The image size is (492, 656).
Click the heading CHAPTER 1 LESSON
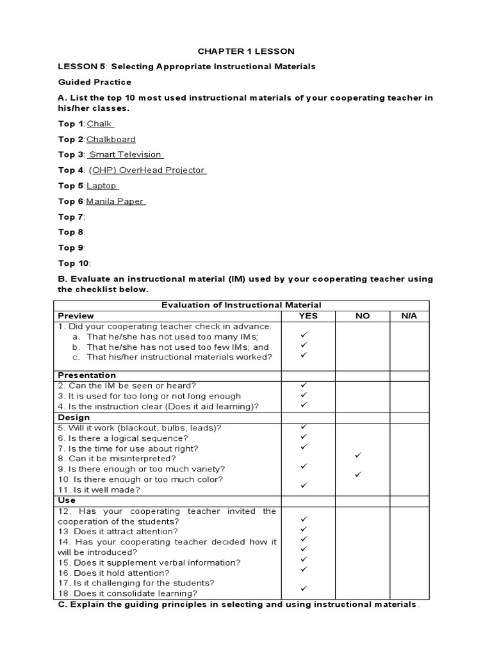[246, 51]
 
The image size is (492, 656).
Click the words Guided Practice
[95, 82]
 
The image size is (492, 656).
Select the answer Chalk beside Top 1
[100, 124]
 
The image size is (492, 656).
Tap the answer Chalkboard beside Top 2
[111, 139]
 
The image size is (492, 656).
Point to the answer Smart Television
[126, 154]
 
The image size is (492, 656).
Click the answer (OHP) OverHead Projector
[147, 170]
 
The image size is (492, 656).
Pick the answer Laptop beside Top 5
[102, 185]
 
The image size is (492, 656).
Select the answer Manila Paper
[116, 201]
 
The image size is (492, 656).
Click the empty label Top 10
[74, 263]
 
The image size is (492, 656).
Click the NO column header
[363, 316]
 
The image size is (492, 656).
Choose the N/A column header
[409, 316]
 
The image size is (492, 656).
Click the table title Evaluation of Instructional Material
[241, 305]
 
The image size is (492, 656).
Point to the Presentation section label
[87, 375]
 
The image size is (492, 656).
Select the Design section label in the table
[74, 417]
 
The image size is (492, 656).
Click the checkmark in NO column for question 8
[359, 455]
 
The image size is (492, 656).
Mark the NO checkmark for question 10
[359, 475]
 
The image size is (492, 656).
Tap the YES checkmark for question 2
[304, 385]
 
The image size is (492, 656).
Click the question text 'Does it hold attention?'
[126, 573]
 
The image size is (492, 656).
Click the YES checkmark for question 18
[304, 588]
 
